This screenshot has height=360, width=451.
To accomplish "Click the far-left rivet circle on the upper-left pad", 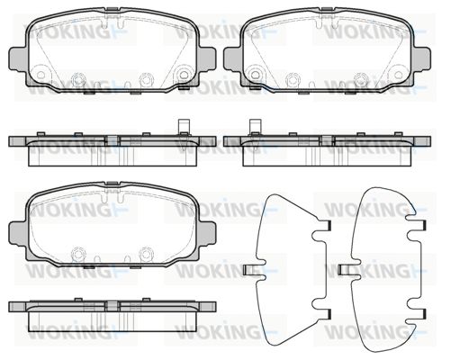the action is pos(41,75).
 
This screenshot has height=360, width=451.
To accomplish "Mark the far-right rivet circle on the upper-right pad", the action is pos(399,75).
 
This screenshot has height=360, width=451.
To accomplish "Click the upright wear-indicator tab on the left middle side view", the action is pos(185,127).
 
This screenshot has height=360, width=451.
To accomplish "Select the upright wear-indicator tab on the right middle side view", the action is pos(256,127).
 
